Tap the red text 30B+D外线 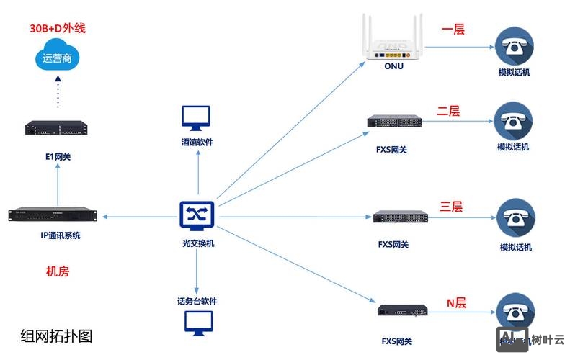pos(58,29)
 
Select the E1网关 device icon pos(56,127)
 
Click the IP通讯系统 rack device pos(53,215)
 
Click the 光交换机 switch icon pos(196,214)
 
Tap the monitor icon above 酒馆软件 pos(196,117)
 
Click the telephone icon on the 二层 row pos(514,120)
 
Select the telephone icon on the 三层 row pos(516,218)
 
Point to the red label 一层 pos(453,30)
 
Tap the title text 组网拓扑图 pos(57,336)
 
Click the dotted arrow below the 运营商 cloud pos(58,92)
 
